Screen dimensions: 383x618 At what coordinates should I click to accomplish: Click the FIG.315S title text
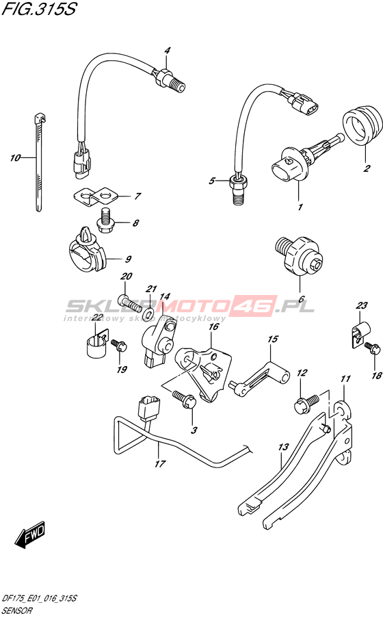click(39, 9)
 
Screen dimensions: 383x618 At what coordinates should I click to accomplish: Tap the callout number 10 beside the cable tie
click(15, 158)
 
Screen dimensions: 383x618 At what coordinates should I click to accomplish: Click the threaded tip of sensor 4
click(179, 86)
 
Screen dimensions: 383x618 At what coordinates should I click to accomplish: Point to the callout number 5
click(212, 181)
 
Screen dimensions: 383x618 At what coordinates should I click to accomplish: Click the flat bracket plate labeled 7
click(94, 196)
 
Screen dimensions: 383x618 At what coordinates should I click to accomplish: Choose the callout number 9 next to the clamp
click(128, 259)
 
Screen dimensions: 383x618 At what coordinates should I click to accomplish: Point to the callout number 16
click(213, 326)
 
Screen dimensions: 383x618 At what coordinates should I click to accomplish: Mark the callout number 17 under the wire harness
click(159, 464)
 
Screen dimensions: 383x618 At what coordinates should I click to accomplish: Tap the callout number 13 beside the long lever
click(284, 448)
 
